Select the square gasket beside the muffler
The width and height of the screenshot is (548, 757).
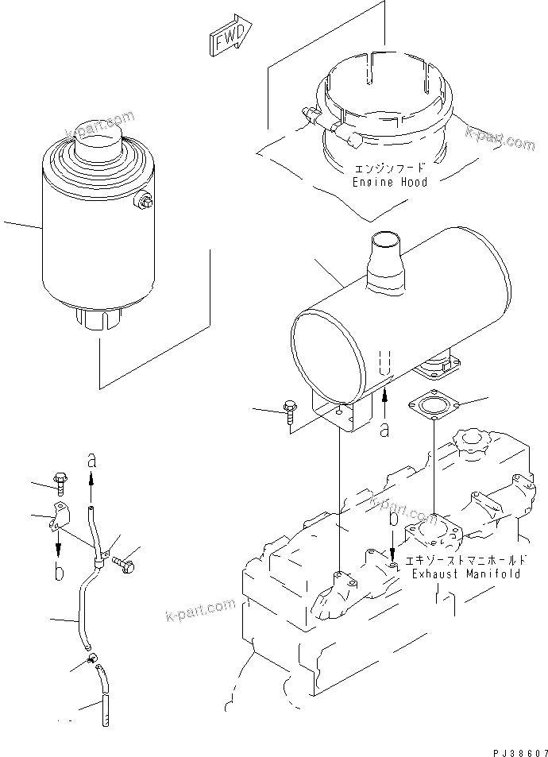coord(432,407)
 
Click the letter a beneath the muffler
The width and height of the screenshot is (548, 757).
coord(385,429)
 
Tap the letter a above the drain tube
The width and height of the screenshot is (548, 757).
coord(91,460)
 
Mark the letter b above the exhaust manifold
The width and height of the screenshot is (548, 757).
coord(393,521)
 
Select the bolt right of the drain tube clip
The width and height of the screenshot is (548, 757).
coord(123,563)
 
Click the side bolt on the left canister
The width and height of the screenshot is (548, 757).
coord(145,203)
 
